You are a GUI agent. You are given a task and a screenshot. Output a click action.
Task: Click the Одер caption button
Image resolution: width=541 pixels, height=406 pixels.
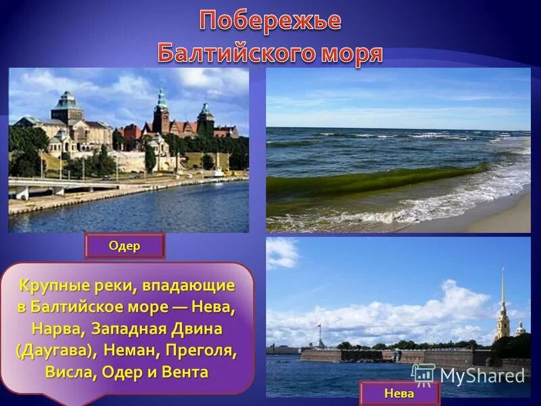pyautogui.click(x=124, y=246)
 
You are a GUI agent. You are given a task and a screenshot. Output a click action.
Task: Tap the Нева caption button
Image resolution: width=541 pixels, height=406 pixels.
pyautogui.click(x=399, y=393)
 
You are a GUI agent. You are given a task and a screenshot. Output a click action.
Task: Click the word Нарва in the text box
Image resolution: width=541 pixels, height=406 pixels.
pyautogui.click(x=57, y=329)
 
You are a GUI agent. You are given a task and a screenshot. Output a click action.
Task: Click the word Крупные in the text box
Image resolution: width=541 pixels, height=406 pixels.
pyautogui.click(x=48, y=286)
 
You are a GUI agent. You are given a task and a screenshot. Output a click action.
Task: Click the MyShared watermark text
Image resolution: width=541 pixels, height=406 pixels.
pyautogui.click(x=482, y=376)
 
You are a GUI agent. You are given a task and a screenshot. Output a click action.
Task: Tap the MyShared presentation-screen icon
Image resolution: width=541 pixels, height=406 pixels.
pyautogui.click(x=423, y=375)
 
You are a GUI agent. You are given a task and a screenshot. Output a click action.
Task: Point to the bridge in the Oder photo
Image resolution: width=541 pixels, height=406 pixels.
pyautogui.click(x=61, y=186)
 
